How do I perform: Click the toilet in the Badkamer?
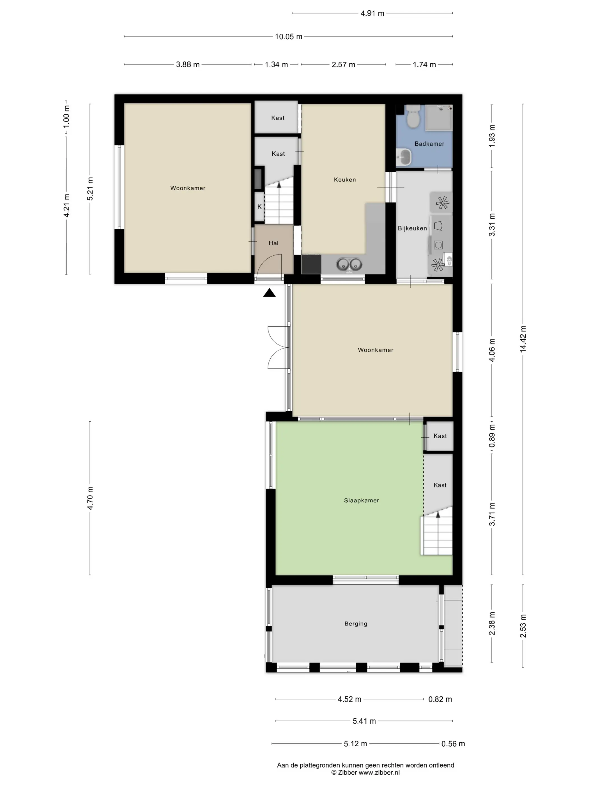tap(413, 116)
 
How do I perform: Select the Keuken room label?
tap(344, 180)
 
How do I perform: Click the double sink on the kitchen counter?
tap(349, 264)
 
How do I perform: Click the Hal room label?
tap(273, 243)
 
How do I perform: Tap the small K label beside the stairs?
tap(259, 207)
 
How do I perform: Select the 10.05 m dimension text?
tap(288, 36)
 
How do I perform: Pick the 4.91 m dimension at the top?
tap(372, 13)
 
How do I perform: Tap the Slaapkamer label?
tap(362, 500)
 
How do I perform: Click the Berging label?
tap(356, 624)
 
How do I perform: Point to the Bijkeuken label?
tap(412, 228)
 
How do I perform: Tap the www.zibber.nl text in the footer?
tap(379, 772)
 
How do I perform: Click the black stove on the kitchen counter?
tap(311, 264)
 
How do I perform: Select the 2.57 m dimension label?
tap(343, 64)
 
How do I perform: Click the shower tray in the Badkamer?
tap(439, 117)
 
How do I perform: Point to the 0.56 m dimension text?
tap(453, 744)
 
